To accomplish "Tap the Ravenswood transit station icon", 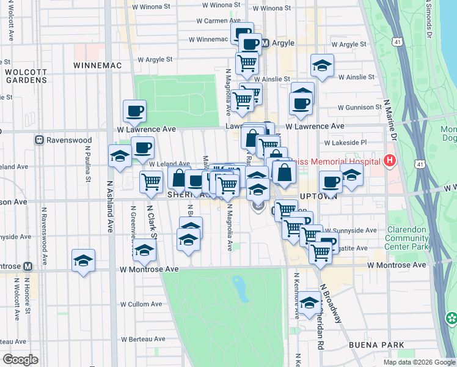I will click(39, 139).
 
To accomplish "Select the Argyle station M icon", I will click(265, 43).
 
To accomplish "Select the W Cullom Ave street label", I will click(141, 304).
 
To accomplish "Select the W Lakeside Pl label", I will click(345, 143).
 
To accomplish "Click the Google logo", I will click(21, 359).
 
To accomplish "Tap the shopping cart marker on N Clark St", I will click(151, 180).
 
